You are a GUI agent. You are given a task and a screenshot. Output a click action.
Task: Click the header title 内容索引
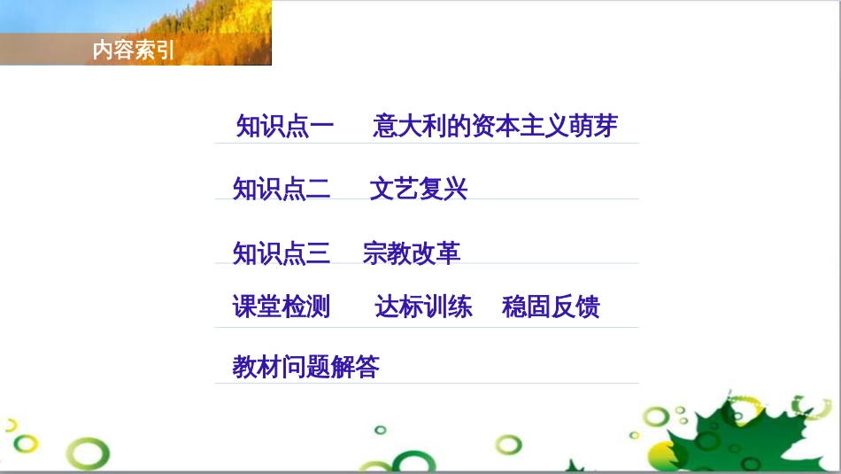tap(134, 50)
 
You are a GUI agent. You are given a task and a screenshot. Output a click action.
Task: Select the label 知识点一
tap(285, 127)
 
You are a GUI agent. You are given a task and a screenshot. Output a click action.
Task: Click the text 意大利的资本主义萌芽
tap(495, 126)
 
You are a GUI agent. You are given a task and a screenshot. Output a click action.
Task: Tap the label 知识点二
tap(281, 189)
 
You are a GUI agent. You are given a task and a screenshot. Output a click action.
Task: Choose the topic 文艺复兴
tap(419, 189)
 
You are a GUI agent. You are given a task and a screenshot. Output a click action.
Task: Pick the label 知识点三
tap(281, 253)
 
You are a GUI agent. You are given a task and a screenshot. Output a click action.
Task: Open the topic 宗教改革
tap(412, 253)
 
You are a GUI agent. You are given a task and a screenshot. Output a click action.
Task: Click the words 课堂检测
tap(281, 307)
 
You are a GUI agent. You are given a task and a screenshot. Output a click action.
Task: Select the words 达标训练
tap(423, 307)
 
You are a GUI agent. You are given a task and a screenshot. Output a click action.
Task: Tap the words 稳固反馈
tap(551, 307)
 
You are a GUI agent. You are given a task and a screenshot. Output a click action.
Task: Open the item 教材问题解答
tap(305, 367)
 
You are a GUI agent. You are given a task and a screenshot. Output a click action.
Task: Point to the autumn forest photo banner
tap(135, 33)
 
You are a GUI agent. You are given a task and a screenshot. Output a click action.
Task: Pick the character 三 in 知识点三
tap(318, 253)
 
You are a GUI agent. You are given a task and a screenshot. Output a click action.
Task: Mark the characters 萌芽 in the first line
tap(593, 126)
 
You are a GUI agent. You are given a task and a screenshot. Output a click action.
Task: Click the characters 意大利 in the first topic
tap(409, 126)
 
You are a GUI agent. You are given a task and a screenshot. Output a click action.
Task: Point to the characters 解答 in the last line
tap(355, 367)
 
